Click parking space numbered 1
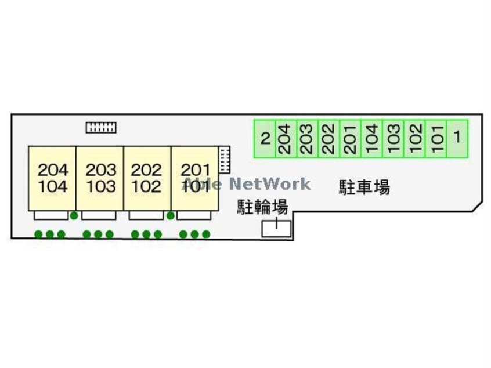pos(457,139)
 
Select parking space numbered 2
pos(265,139)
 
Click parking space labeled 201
pos(351,139)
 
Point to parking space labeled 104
pos(372,139)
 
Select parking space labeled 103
pos(393,139)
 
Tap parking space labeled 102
pos(415,139)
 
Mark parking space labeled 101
pos(436,139)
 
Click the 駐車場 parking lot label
pos(364,187)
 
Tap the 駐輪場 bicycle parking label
pos(262,207)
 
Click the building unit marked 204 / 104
pos(53,178)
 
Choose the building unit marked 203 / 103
pos(100,178)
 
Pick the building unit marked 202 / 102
pos(147,178)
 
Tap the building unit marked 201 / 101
pos(195,178)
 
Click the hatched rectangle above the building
pos(101,127)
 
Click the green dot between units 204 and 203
pos(74,215)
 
